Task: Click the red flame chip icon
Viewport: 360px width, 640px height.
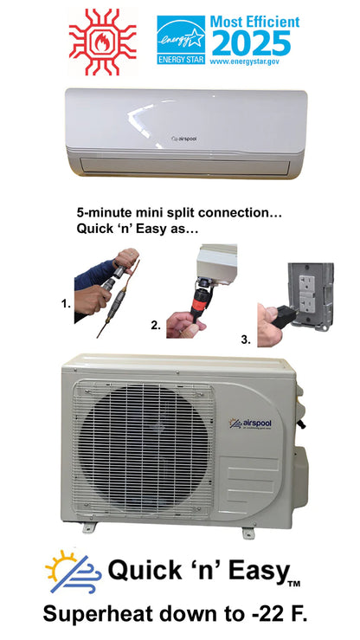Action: (102, 42)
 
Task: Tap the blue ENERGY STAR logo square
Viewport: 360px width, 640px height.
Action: (181, 40)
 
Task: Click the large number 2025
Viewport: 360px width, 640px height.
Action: (251, 43)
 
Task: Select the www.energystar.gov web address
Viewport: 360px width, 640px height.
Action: (244, 61)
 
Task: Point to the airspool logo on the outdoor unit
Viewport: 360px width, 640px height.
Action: (250, 424)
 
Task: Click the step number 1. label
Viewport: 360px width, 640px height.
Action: (66, 304)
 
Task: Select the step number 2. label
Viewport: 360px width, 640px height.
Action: (155, 326)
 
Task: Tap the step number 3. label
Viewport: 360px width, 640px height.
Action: (246, 340)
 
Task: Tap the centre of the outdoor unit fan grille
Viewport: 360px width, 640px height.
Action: (143, 449)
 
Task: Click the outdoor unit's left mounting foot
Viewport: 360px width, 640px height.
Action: (90, 527)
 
